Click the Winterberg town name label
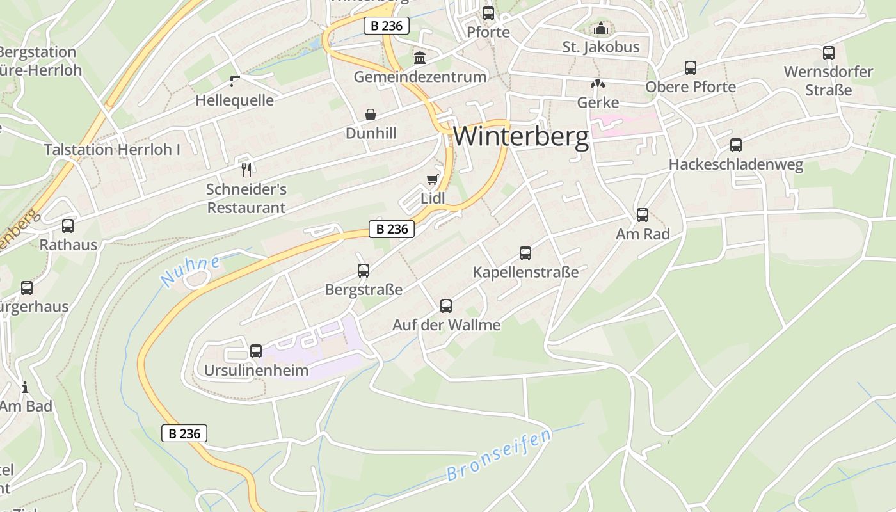(521, 136)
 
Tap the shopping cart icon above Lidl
(433, 180)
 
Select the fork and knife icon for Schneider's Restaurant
(246, 170)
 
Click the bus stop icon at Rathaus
(68, 225)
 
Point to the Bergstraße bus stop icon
(364, 270)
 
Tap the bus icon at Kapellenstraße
(525, 253)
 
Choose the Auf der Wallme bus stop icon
(446, 305)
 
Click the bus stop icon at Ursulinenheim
(256, 351)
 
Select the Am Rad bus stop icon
(643, 215)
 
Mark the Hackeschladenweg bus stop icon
(736, 145)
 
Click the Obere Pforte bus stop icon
(691, 67)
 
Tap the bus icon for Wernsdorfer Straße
(829, 52)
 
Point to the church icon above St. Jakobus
(600, 28)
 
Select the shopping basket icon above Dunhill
(371, 115)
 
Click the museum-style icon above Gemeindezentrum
(420, 58)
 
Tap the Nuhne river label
(190, 271)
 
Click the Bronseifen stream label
(499, 456)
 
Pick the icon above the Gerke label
(598, 84)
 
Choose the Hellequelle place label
(234, 100)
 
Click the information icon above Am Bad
(25, 387)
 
